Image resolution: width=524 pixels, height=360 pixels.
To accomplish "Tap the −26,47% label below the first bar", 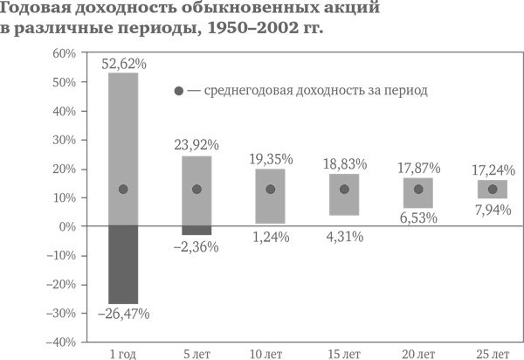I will coord(123,313).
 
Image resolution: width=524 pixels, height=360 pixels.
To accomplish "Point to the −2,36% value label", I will coord(196,246).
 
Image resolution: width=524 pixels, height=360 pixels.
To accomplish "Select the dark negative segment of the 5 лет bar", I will coord(196,230).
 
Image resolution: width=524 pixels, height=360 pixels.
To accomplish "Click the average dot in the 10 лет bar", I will coord(271,190).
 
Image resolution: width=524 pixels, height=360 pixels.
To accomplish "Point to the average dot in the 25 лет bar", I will coord(492,190).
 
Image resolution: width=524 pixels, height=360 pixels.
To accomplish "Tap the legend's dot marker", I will coord(178,91).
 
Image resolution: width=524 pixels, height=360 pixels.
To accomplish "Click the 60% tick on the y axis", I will coord(65,53).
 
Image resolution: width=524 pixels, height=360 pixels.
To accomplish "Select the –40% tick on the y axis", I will coord(61,342).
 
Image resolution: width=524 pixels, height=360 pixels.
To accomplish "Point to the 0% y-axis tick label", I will coord(68,226).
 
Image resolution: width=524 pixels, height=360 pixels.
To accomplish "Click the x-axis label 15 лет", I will coord(344,353).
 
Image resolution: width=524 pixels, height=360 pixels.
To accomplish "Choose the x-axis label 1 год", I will coord(123,353).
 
